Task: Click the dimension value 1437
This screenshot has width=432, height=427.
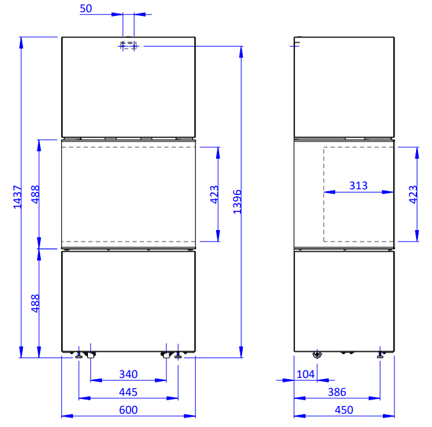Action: point(17,197)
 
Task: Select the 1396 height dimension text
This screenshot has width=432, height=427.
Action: point(237,202)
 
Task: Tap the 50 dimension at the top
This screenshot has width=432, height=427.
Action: point(86,8)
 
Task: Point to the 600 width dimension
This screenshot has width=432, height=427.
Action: point(128,410)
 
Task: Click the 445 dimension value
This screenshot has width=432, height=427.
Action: point(128,392)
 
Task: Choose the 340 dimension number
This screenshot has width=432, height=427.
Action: point(128,374)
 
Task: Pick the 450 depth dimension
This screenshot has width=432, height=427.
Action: point(344,410)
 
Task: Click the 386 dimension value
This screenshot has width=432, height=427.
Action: point(337,392)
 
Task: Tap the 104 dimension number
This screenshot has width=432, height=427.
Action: point(306,374)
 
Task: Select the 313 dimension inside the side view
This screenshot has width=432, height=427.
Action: point(359,185)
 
